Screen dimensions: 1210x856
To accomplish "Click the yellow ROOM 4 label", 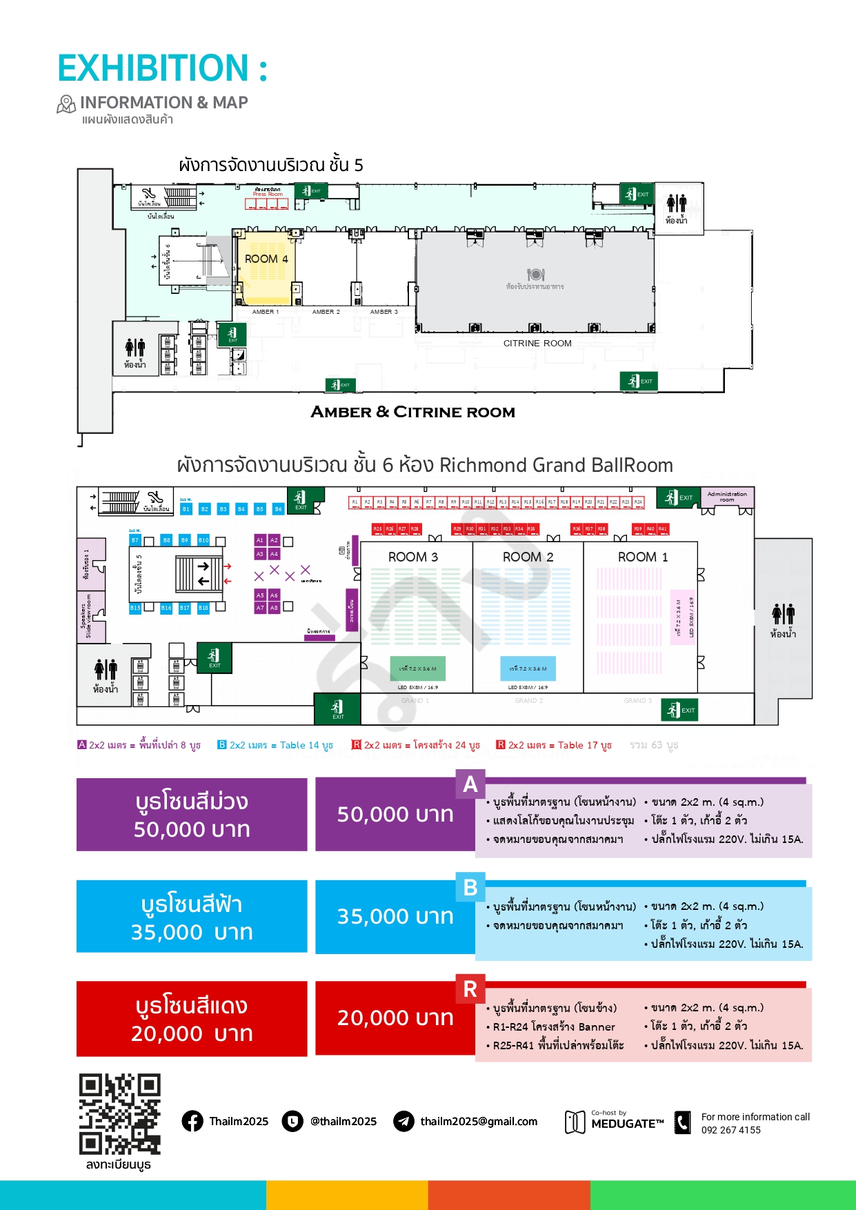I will pyautogui.click(x=266, y=259).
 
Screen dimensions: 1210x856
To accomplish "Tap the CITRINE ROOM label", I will pyautogui.click(x=537, y=344).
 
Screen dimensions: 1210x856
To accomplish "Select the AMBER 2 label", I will pyautogui.click(x=326, y=312).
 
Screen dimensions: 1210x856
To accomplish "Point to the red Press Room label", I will pyautogui.click(x=268, y=195).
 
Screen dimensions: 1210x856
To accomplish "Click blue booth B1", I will pyautogui.click(x=186, y=509).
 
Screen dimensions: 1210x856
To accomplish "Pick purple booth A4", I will pyautogui.click(x=274, y=554).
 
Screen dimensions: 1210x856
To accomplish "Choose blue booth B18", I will pyautogui.click(x=203, y=608).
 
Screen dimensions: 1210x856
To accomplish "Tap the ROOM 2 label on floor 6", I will pyautogui.click(x=528, y=557).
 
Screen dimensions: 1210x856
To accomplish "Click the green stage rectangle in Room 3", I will pyautogui.click(x=417, y=668).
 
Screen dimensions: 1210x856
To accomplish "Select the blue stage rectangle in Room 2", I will pyautogui.click(x=528, y=668).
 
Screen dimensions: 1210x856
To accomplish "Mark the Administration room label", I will pyautogui.click(x=727, y=497).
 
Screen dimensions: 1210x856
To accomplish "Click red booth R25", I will pyautogui.click(x=377, y=529).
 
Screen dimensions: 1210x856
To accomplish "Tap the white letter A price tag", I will pyautogui.click(x=470, y=784).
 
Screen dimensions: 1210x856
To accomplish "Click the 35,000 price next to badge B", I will pyautogui.click(x=395, y=917).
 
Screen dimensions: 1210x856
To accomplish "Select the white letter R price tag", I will pyautogui.click(x=470, y=989).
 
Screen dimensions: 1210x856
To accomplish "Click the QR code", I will pyautogui.click(x=119, y=1114).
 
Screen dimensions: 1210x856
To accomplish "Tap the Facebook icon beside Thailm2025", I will pyautogui.click(x=192, y=1121).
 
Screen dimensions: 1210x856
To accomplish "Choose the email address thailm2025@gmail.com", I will pyautogui.click(x=479, y=1122).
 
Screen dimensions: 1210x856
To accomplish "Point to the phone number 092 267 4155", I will pyautogui.click(x=730, y=1130).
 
